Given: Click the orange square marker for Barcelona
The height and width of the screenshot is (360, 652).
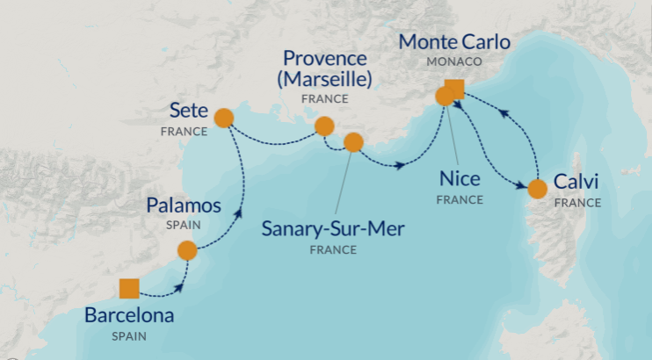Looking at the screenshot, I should coord(128,288).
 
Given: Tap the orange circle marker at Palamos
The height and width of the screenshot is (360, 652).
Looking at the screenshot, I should coord(187,251).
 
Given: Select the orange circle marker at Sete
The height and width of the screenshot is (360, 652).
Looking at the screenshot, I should coord(223,118).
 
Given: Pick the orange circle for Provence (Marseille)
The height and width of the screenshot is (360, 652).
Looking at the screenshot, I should coord(324,126).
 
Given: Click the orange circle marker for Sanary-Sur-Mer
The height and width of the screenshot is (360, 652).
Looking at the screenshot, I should coord(353,142).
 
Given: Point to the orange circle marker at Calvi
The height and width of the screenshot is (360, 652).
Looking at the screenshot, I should coord(536,188).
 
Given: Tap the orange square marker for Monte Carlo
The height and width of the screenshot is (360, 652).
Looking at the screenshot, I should coord(455,88).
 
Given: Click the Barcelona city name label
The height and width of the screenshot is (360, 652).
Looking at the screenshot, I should coord(129,315).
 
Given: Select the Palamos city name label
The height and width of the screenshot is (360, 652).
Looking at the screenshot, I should coord(183,205).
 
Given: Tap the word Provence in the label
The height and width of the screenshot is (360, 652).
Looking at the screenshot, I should coord(324,59).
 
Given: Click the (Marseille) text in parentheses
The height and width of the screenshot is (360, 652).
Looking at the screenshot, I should coord(324,80).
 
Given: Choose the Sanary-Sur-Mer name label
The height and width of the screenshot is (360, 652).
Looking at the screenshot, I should coord(333,229).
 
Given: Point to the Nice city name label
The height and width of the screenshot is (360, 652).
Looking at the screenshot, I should coord(460,179).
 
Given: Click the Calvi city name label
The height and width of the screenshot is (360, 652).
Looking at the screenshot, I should coord(576,183).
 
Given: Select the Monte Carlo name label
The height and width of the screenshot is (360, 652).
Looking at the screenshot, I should coord(454,41).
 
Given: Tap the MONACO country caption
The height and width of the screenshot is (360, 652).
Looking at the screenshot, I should coord(454,62).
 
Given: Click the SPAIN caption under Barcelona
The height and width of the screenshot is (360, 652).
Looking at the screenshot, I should coord(129,335).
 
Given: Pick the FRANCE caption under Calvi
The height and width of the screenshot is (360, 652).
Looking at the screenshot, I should coord(577,203).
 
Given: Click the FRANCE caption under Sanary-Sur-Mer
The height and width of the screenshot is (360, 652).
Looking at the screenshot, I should coord(333,249).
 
